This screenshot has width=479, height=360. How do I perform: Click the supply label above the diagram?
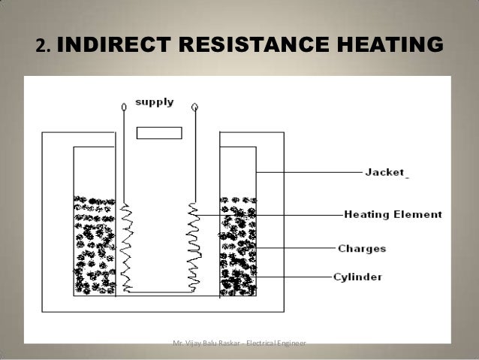coord(154,101)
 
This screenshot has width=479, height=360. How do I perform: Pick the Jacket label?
coord(385,172)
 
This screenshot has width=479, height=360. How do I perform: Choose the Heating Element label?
coord(393,214)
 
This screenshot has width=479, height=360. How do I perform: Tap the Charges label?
coord(362,248)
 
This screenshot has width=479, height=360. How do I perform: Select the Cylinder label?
coord(357,277)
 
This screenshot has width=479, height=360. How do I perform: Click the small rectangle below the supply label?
coord(159,133)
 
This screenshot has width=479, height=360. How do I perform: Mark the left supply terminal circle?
coord(124,107)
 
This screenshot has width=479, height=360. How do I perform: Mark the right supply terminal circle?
coord(194,107)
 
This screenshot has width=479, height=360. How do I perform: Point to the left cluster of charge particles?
coord(94,244)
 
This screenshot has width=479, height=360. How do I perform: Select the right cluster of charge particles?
coord(237,244)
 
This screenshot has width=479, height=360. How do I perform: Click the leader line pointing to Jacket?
coord(308,172)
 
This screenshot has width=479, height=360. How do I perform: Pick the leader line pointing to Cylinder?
coord(293,277)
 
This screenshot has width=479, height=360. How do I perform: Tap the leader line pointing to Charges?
coord(293,248)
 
